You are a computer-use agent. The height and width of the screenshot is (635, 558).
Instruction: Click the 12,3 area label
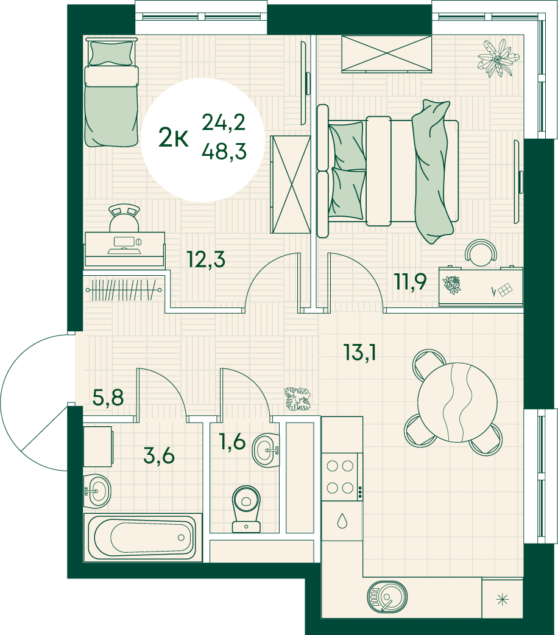point(206,259)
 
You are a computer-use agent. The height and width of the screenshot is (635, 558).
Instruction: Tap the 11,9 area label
point(411,281)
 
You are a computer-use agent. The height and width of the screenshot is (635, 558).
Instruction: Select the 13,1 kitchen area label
point(359,352)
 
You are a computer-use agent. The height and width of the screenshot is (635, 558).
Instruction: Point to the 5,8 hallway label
point(108,398)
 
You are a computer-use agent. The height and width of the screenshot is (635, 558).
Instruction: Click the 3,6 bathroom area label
point(159,455)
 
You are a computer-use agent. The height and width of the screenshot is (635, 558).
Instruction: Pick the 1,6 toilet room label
point(232,441)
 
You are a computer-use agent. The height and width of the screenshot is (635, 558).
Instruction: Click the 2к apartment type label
point(174,137)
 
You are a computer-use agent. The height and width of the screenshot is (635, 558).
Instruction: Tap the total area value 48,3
point(224,152)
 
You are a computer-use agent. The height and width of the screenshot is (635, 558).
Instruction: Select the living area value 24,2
point(224,122)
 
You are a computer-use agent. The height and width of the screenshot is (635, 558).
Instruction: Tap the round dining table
point(457,402)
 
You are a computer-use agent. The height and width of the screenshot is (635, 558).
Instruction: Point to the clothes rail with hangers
point(124,290)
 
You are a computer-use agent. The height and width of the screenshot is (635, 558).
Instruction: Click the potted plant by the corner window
point(498,58)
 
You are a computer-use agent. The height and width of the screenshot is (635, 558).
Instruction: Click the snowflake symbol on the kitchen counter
point(503,599)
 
